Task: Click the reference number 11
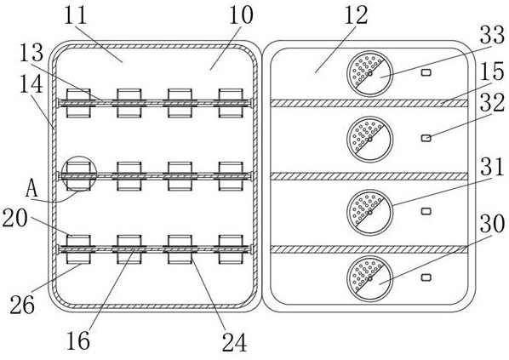pos(76,15)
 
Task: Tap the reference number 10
pos(241,15)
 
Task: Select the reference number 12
pos(356,15)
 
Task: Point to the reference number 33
pos(493,34)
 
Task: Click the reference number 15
pos(493,71)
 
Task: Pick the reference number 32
pos(493,103)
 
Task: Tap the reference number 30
pos(493,223)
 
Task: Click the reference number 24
pos(234,342)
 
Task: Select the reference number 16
pos(78,340)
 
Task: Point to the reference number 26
pos(22,305)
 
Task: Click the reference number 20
pos(15,218)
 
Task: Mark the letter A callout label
pos(31,189)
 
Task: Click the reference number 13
pos(31,53)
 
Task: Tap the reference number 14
pos(31,83)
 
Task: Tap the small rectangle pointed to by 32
pos(426,138)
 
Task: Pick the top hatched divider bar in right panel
pos(369,103)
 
